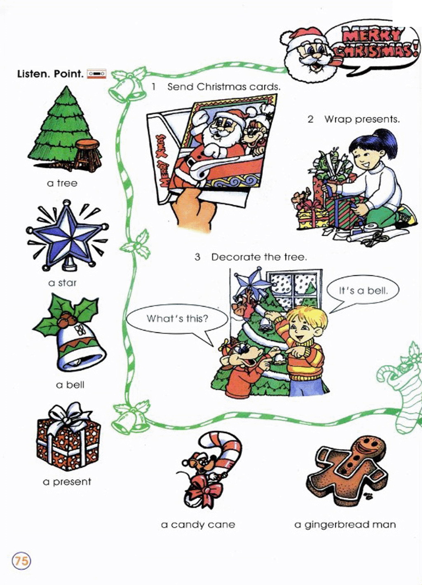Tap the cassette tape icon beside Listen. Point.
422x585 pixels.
point(96,74)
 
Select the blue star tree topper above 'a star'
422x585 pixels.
point(68,236)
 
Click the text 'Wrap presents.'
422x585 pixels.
point(362,119)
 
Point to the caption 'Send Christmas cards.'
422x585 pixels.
point(224,87)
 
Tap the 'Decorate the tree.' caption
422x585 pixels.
point(259,257)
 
